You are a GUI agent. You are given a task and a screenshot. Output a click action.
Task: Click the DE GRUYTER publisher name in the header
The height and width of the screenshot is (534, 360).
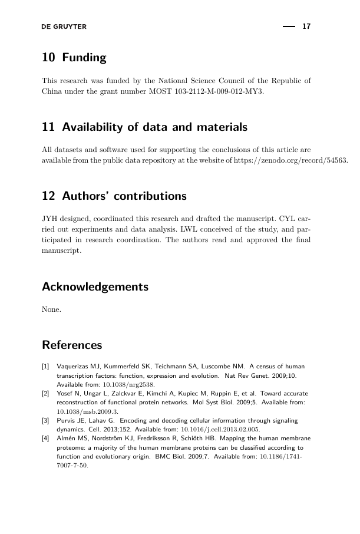point(64,27)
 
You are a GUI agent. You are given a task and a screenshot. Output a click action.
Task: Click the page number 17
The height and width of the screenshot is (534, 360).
point(306,27)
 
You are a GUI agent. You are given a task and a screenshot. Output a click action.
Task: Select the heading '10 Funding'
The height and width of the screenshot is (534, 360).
point(74,58)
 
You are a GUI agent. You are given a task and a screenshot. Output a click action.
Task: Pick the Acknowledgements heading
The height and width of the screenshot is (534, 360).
point(95,287)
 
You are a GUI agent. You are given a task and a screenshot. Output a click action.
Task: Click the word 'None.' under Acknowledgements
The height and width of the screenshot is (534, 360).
point(52,309)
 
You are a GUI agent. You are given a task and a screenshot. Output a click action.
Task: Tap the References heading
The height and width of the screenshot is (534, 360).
point(72,345)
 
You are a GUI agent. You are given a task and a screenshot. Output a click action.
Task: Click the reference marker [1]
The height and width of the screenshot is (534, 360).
point(45,367)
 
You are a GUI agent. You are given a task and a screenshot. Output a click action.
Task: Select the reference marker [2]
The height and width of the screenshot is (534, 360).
point(45,393)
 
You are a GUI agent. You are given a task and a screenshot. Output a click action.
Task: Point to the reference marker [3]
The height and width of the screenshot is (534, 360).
point(45,420)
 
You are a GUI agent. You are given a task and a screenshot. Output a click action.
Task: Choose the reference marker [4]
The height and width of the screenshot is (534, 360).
point(45,439)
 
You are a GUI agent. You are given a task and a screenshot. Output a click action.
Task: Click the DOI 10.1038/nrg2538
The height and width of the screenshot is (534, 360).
point(130,384)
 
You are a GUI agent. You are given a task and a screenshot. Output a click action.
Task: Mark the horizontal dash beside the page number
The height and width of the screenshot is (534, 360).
point(288,27)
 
